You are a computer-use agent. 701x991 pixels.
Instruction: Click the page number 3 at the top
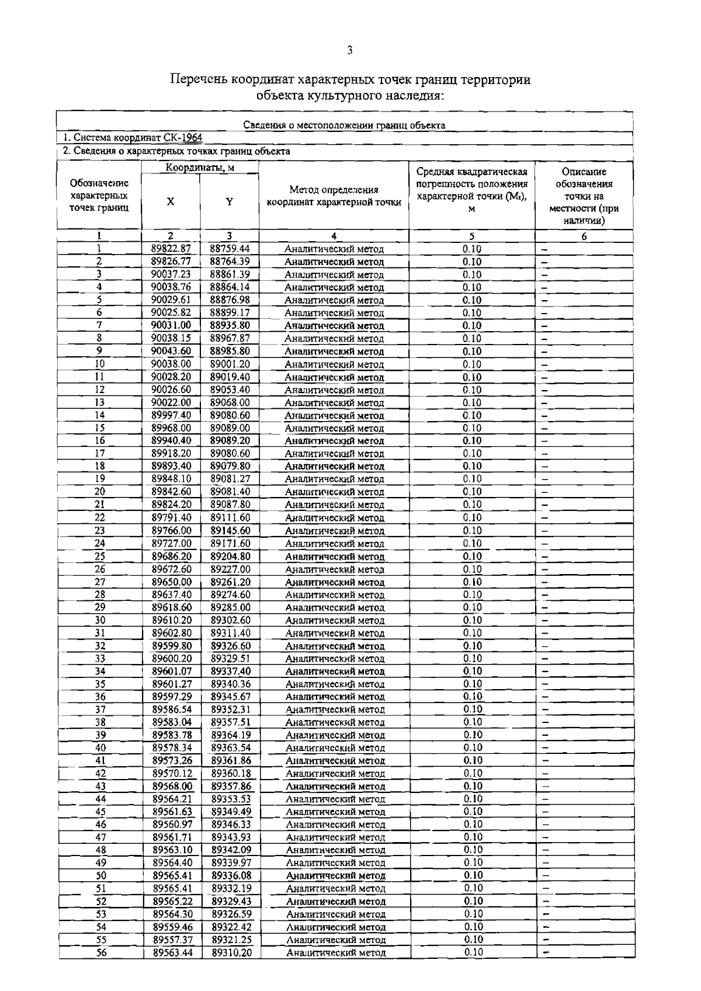coord(349,50)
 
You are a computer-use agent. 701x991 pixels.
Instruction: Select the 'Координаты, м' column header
coord(200,168)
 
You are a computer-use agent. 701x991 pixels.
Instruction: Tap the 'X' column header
coord(170,201)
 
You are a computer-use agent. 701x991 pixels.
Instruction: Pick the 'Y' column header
coord(230,201)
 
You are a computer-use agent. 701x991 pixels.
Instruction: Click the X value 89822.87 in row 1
coord(171,249)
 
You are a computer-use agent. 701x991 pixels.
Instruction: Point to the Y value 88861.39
coord(230,274)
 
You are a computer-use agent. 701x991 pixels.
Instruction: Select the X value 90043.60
coord(171,352)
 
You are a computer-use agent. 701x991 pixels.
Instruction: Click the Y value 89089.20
coord(230,441)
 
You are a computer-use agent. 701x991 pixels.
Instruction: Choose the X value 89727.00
coord(172,544)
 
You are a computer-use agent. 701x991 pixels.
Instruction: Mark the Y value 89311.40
coord(231,633)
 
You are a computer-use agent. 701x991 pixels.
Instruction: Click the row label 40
coord(100,748)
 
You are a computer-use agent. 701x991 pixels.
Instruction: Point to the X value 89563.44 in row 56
coord(173,952)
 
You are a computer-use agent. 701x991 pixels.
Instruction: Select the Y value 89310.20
coord(231,952)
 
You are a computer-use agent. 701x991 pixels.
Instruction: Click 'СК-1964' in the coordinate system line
coord(182,138)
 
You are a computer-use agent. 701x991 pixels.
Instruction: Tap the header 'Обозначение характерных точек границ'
coord(99,196)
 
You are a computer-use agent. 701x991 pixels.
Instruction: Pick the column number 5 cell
coord(471,237)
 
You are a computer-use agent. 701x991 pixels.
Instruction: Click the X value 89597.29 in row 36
coord(172,697)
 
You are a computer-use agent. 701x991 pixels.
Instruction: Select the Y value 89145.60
coord(231,531)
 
